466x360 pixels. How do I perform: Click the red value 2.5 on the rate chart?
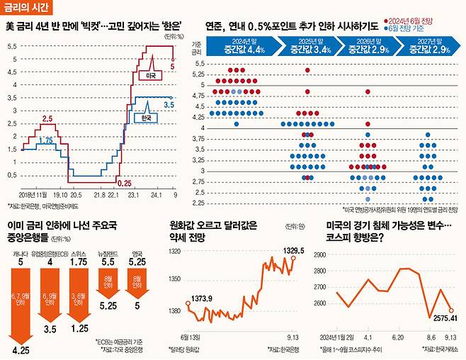pos(47,119)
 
